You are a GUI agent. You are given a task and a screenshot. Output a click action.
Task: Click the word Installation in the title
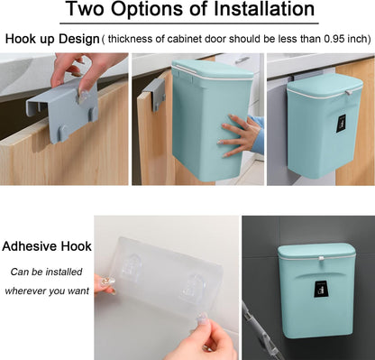(x=264, y=9)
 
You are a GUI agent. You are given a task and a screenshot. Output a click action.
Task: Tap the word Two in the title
(x=86, y=9)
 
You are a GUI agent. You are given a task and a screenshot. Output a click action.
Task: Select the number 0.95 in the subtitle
(x=334, y=39)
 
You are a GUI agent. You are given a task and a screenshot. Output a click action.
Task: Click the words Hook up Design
(x=52, y=40)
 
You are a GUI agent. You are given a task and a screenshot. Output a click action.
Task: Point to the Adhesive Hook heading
(x=47, y=246)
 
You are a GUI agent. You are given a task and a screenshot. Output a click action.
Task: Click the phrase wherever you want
(x=47, y=291)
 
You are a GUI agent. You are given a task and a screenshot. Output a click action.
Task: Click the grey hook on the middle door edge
(x=154, y=92)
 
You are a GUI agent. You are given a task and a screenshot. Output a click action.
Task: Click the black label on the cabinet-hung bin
(x=342, y=125)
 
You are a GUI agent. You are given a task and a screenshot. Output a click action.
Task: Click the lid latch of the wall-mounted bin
(x=321, y=259)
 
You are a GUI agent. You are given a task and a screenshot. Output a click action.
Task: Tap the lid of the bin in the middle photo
(x=213, y=69)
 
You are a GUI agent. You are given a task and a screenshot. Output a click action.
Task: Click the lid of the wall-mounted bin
(x=316, y=251)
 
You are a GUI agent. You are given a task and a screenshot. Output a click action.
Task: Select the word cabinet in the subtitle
(x=184, y=39)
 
